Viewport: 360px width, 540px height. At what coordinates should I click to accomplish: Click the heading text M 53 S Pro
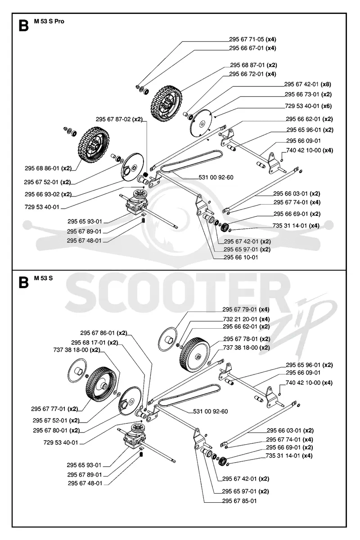[x=49, y=22]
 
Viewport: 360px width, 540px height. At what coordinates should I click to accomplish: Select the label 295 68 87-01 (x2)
[x=253, y=65]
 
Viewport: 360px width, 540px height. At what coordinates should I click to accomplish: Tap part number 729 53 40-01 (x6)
[x=308, y=106]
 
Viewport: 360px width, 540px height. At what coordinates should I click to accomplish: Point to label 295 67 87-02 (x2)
[x=119, y=119]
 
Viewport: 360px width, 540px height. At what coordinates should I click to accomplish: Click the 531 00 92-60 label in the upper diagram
[x=216, y=178]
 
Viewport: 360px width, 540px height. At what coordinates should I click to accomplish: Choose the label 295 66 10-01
[x=241, y=257]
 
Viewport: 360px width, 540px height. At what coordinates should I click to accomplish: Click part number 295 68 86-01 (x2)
[x=48, y=168]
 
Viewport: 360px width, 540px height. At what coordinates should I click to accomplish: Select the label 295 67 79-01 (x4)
[x=246, y=309]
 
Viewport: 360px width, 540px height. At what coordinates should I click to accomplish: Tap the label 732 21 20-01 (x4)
[x=246, y=319]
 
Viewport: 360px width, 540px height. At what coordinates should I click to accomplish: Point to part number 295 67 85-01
[x=239, y=501]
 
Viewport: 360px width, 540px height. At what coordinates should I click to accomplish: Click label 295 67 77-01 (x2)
[x=54, y=409]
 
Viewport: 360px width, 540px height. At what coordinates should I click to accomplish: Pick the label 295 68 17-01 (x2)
[x=94, y=343]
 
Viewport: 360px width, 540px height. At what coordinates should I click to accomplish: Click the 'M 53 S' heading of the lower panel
[x=43, y=278]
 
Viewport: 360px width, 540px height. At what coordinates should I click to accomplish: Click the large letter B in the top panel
[x=23, y=26]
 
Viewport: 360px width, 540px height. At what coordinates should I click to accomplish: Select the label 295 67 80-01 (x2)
[x=56, y=430]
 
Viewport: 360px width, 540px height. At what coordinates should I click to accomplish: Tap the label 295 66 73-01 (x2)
[x=308, y=94]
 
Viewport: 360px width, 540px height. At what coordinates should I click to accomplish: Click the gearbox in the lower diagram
[x=135, y=439]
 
